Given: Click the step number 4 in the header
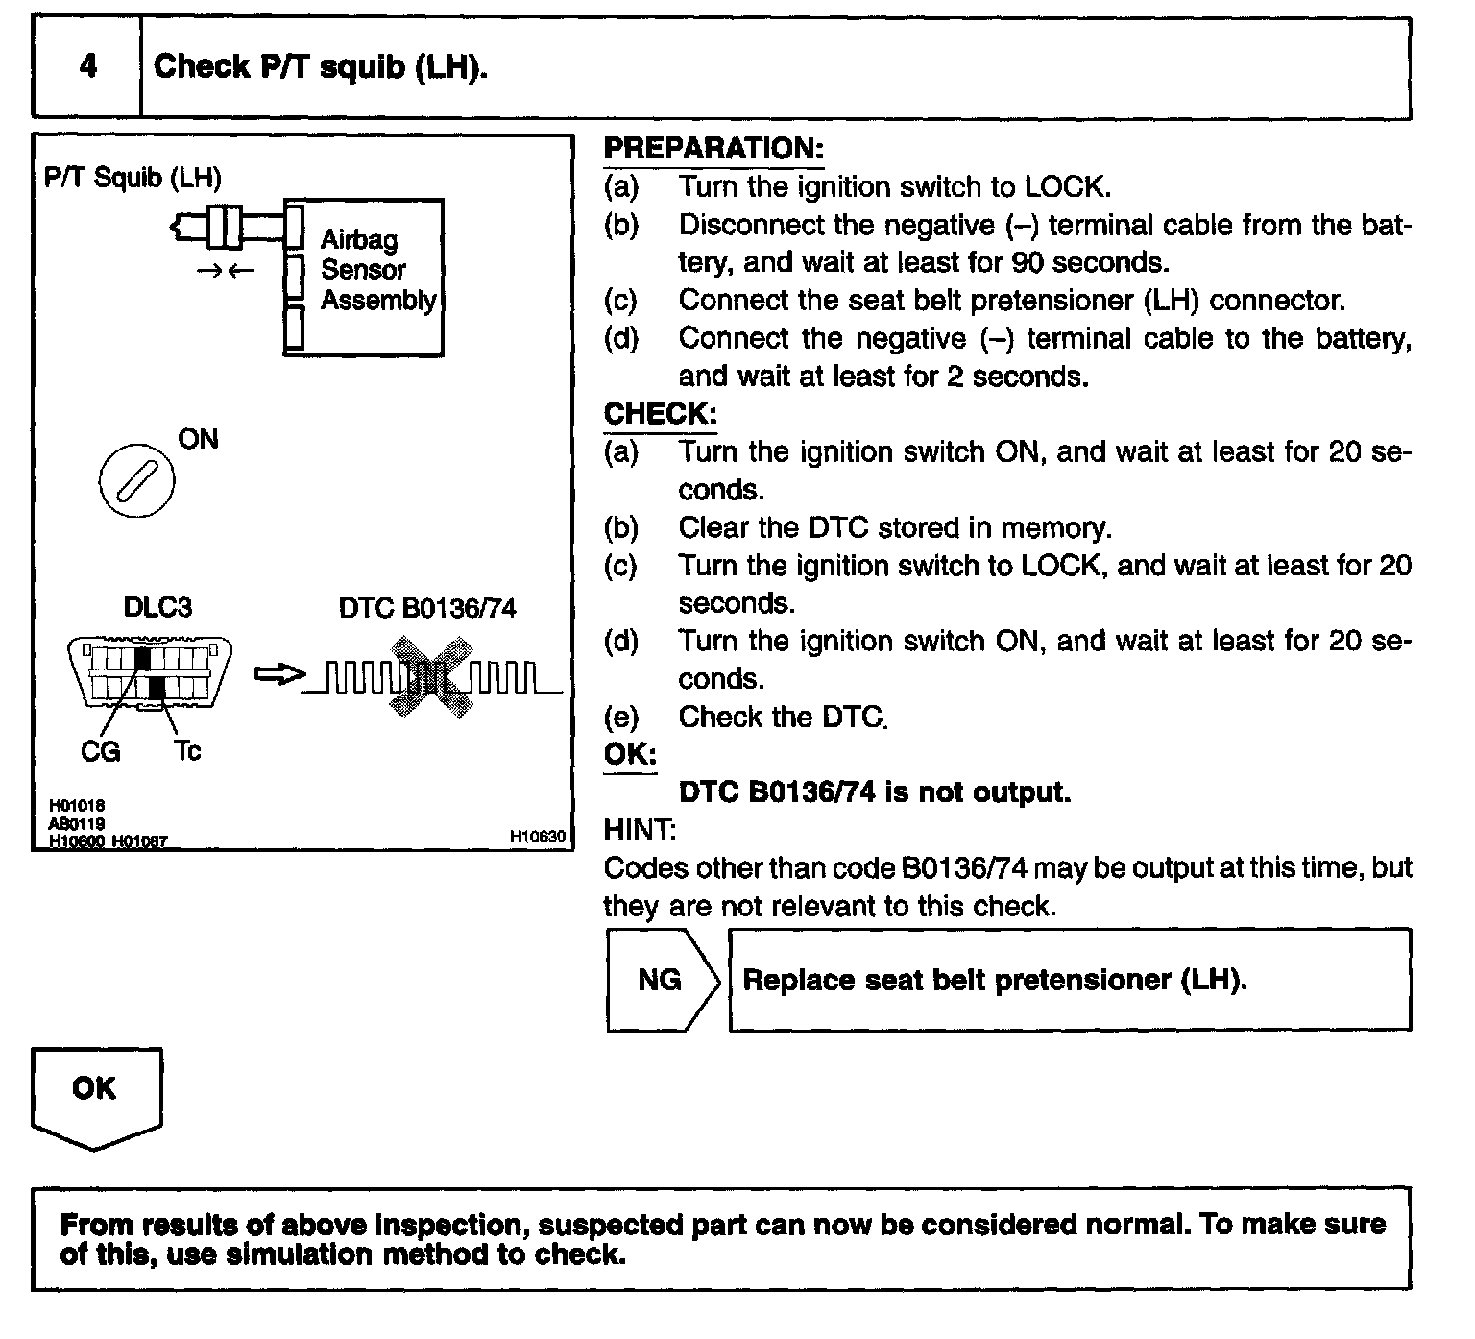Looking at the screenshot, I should pyautogui.click(x=87, y=67).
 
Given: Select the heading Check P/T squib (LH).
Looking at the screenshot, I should pyautogui.click(x=321, y=67).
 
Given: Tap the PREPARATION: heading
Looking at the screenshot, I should pyautogui.click(x=713, y=149).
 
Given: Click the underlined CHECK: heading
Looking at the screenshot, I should pyautogui.click(x=660, y=414).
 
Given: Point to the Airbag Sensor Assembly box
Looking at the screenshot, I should pyautogui.click(x=365, y=278).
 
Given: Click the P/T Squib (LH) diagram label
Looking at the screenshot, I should pyautogui.click(x=133, y=178).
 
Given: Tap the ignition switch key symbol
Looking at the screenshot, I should pyautogui.click(x=137, y=482).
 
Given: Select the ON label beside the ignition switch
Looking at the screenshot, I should pyautogui.click(x=198, y=440).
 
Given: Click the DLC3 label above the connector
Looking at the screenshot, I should pyautogui.click(x=157, y=607).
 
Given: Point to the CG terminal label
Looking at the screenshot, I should pyautogui.click(x=101, y=751).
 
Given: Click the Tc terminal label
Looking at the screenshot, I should pyautogui.click(x=187, y=751).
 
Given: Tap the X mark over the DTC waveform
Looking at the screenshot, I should pyautogui.click(x=431, y=676).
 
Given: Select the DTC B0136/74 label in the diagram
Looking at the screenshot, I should pyautogui.click(x=427, y=609).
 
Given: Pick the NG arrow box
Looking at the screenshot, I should pyautogui.click(x=662, y=981).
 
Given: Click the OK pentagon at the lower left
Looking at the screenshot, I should pyautogui.click(x=95, y=1095).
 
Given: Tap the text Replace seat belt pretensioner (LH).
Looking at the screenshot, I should pyautogui.click(x=995, y=981).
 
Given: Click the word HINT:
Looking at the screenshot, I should pyautogui.click(x=640, y=829).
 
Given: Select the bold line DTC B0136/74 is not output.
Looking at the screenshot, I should pyautogui.click(x=874, y=792).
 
